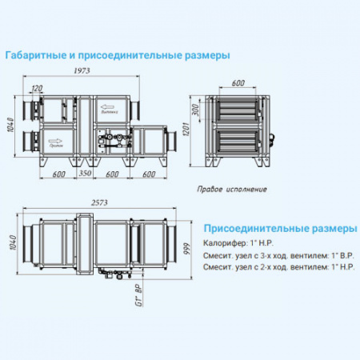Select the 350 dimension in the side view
86,173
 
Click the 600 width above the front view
238,83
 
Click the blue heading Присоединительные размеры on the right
279,228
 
